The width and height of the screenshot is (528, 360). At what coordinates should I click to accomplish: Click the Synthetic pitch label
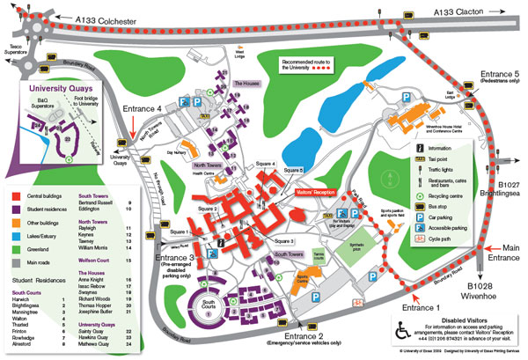coord(350,227)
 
